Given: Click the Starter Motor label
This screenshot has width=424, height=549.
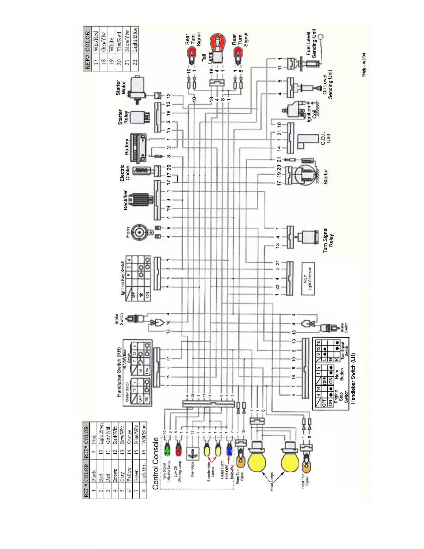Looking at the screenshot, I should (x=121, y=88).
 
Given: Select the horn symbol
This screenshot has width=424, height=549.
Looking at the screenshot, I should (x=140, y=232).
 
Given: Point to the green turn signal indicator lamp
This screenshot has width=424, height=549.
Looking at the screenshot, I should (x=167, y=450).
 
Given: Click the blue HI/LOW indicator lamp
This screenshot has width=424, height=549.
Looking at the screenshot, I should (x=229, y=450).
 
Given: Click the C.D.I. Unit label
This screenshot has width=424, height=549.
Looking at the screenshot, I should (x=326, y=138).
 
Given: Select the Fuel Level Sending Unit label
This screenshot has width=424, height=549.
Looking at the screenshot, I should (x=311, y=43).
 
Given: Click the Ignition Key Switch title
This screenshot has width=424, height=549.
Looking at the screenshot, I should (x=122, y=278).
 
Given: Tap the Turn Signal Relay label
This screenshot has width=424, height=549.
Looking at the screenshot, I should (x=328, y=240).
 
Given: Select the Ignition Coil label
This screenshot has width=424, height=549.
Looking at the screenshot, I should (x=311, y=114).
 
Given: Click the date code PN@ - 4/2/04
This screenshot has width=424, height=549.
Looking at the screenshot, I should (x=364, y=65).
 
